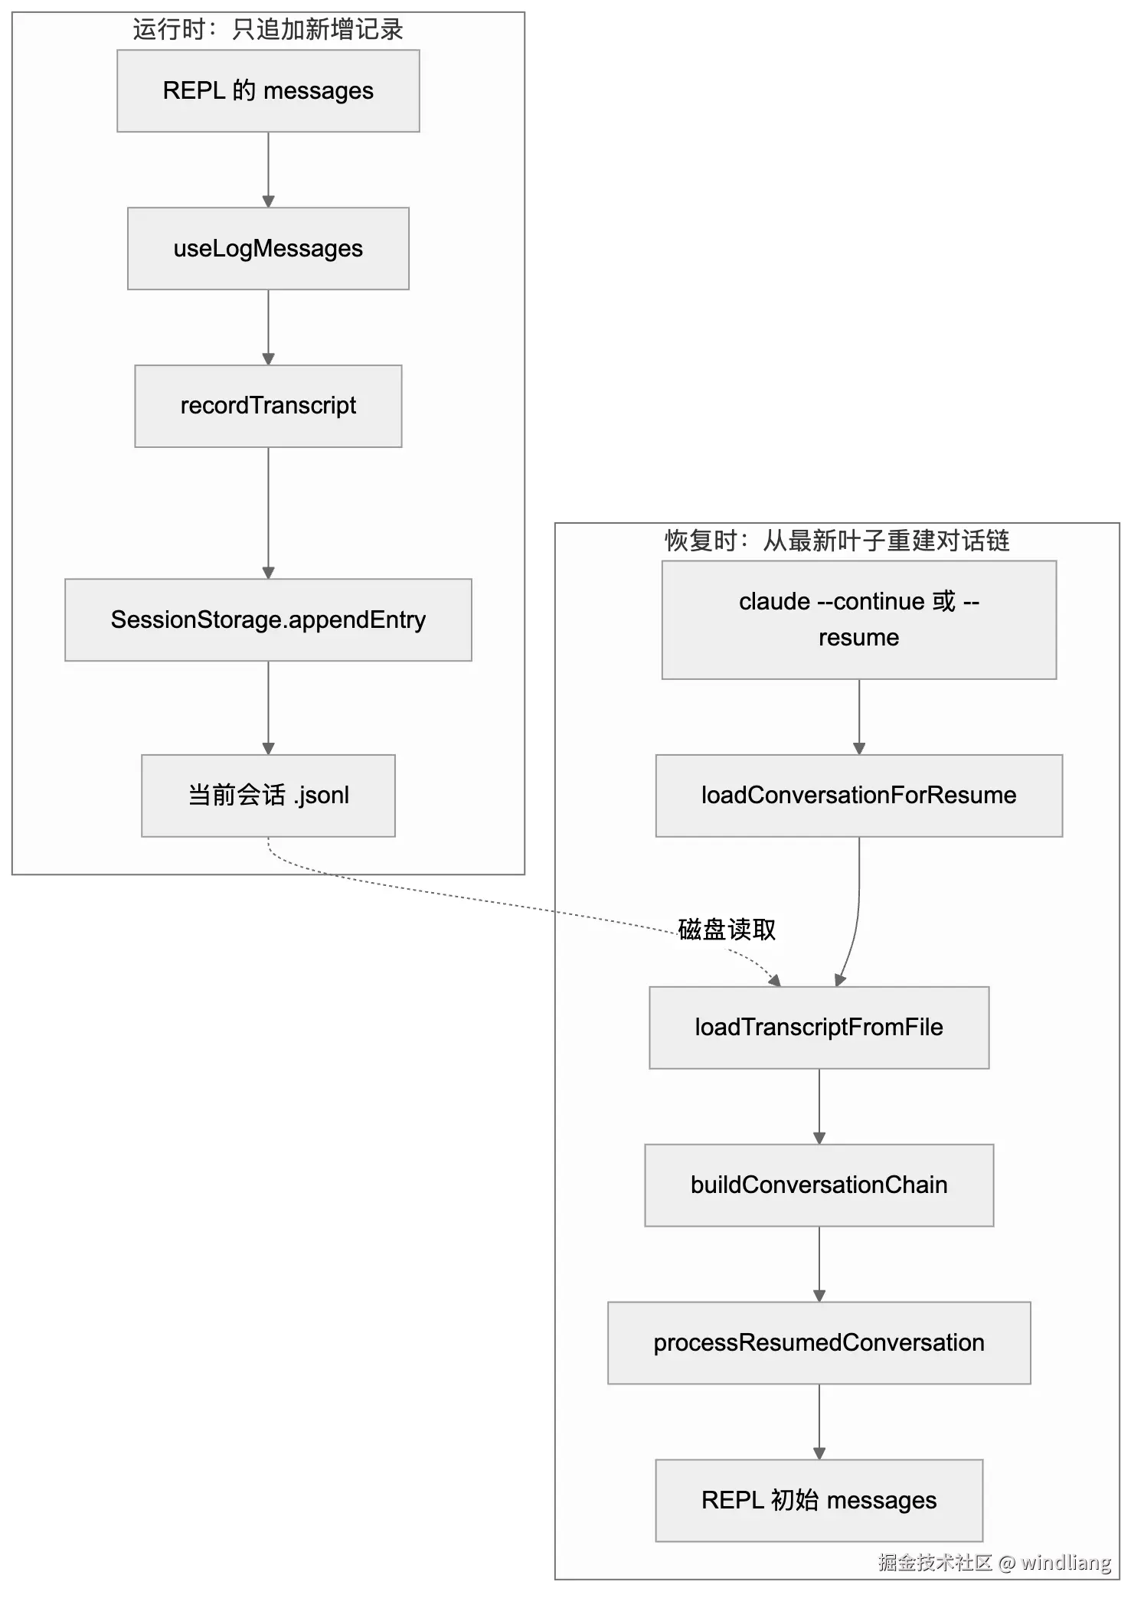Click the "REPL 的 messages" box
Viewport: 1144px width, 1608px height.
pos(268,91)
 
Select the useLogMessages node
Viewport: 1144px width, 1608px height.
pos(268,249)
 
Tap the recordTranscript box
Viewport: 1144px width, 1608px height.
pos(268,406)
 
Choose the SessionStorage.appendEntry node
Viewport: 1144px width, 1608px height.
pos(268,619)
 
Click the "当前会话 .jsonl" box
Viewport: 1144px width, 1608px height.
pos(268,796)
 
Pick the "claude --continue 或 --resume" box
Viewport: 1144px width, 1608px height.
pos(859,619)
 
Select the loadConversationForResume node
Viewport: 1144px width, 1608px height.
pos(859,796)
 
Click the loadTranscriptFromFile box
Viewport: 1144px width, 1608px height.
pos(819,1028)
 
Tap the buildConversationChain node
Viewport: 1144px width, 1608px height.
pos(819,1185)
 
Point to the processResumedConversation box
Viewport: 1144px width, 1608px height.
pos(819,1343)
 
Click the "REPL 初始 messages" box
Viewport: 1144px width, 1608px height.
pos(819,1501)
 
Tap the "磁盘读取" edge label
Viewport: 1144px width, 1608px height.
pos(727,930)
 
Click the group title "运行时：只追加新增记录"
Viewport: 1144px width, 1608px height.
pos(268,30)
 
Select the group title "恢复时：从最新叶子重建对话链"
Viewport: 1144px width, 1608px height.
pos(837,541)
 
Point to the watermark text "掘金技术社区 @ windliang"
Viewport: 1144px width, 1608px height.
pos(995,1562)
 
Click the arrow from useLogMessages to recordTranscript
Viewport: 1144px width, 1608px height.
pos(268,328)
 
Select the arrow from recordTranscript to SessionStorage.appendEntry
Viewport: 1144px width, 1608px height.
pos(268,513)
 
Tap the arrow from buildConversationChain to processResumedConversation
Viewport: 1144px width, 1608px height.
pos(819,1264)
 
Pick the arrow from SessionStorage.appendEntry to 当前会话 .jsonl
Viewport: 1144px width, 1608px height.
pos(268,708)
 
